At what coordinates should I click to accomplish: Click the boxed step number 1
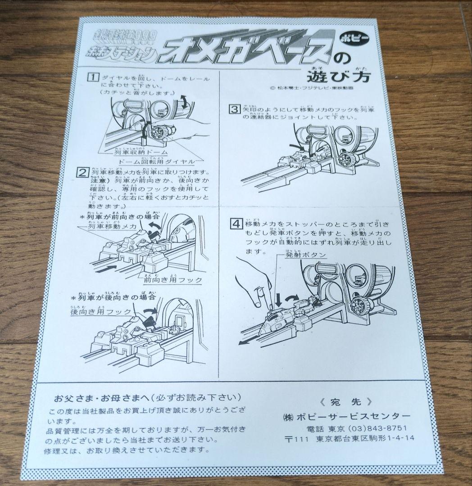[92, 77]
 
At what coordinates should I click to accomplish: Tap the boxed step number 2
[83, 173]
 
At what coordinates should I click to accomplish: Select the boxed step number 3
[235, 109]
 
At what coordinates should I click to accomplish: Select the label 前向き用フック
[172, 280]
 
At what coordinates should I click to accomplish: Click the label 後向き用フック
[100, 312]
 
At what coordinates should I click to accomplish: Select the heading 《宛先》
[346, 401]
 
